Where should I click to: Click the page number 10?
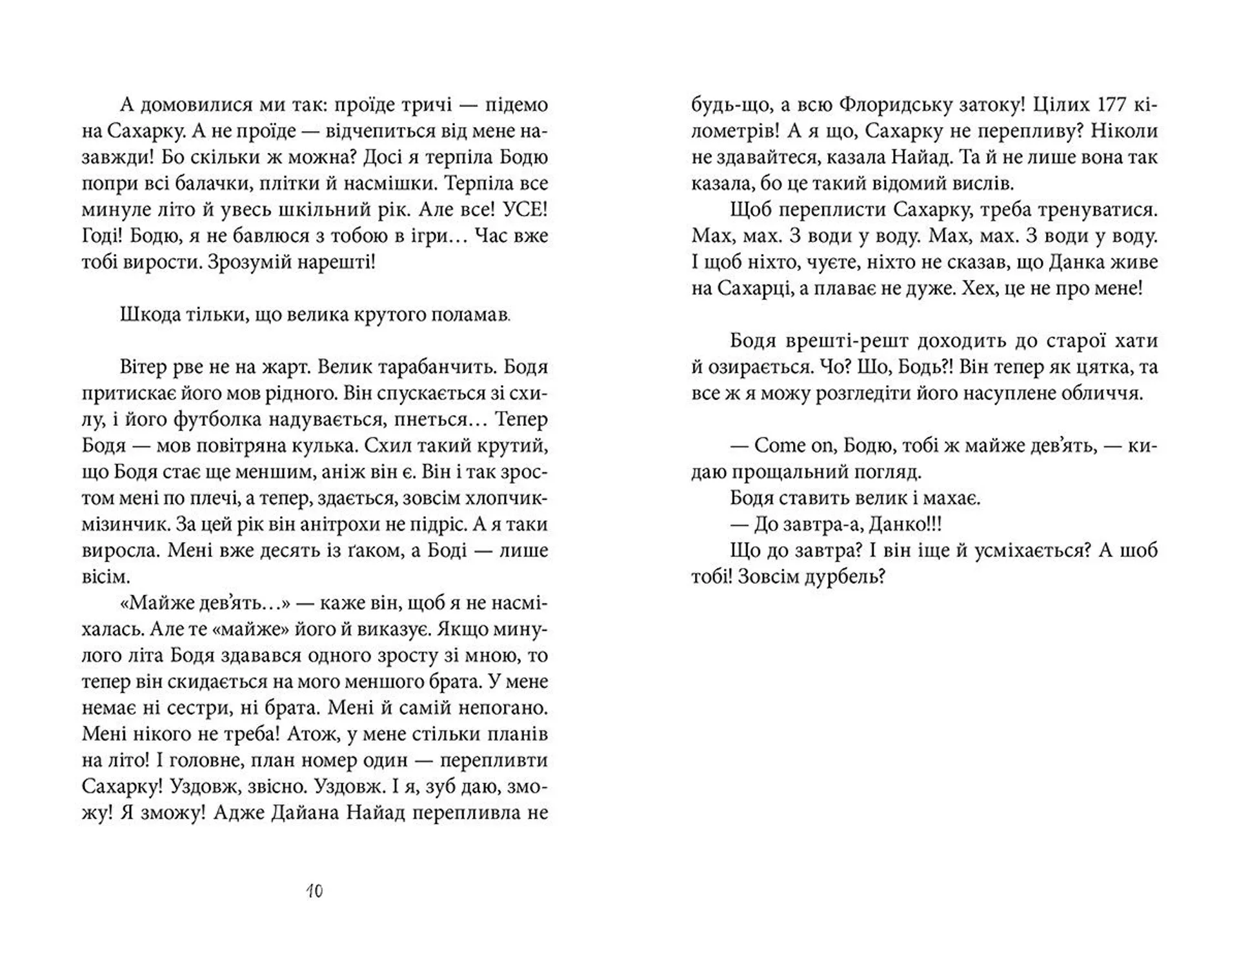click(314, 891)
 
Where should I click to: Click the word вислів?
click(983, 183)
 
